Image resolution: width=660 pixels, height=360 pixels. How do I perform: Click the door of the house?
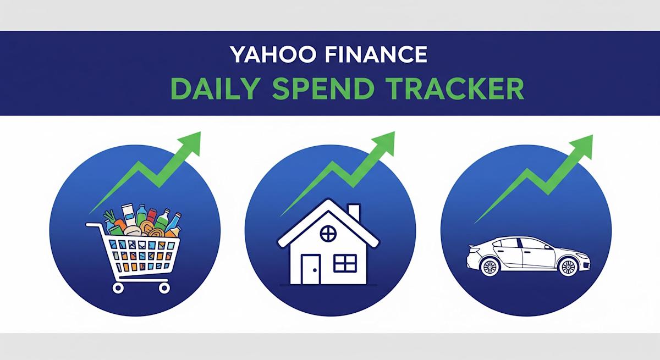point(310,270)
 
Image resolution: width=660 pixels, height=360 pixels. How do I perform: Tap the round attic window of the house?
point(328,234)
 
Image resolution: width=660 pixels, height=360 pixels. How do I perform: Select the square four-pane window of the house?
point(345,263)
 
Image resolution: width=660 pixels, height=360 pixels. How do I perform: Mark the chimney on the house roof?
point(354,213)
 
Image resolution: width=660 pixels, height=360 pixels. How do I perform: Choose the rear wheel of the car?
point(488,267)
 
